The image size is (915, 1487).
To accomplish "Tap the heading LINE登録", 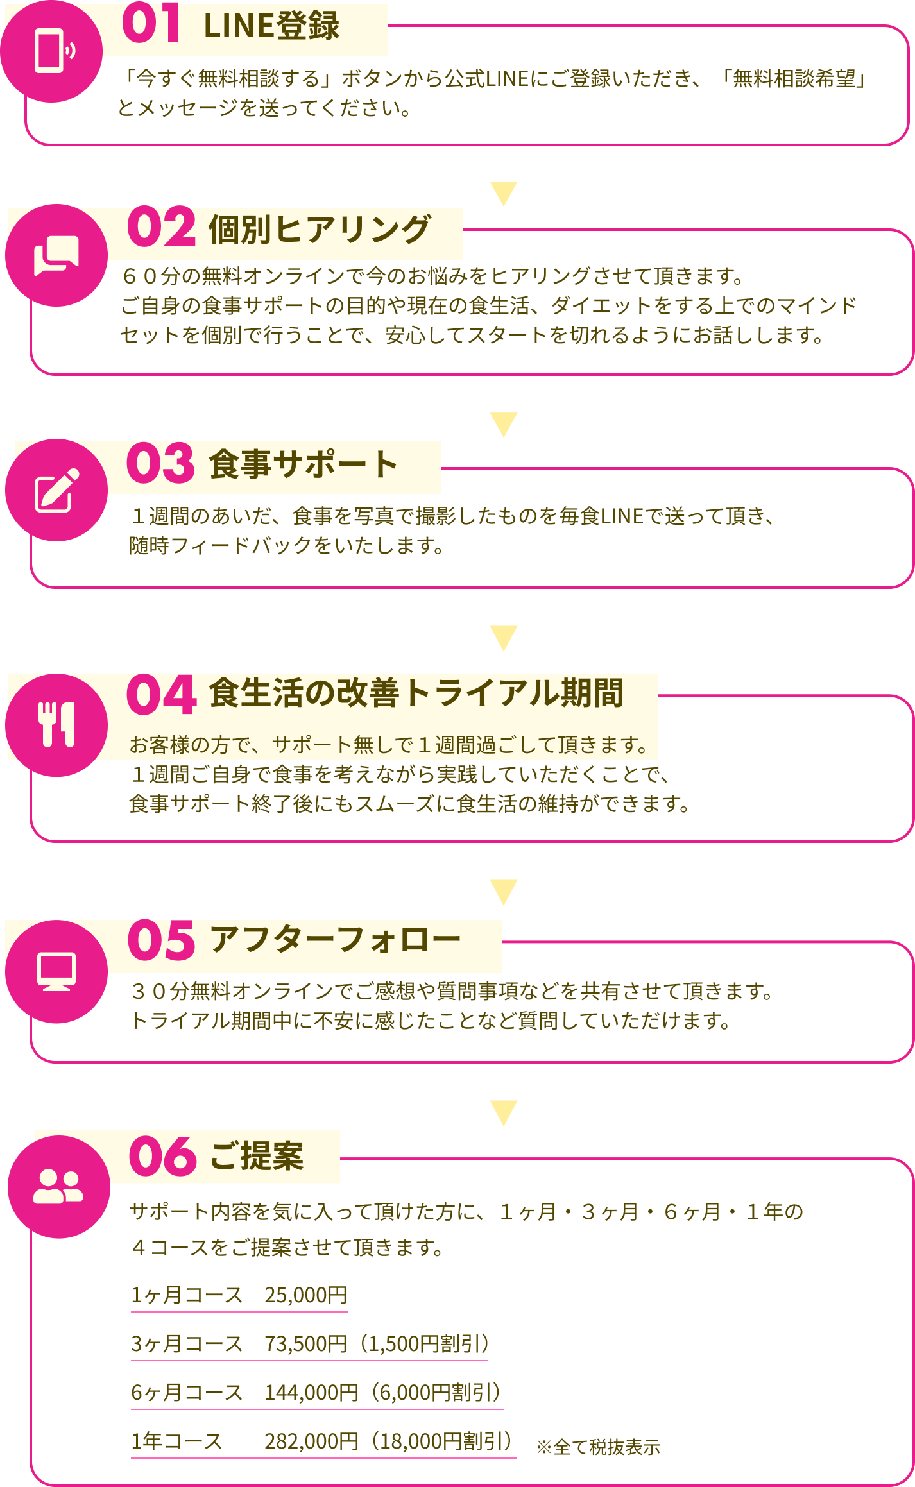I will point(271,27).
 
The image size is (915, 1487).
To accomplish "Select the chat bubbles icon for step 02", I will point(56,255).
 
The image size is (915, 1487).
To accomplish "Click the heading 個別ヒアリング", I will point(320,230).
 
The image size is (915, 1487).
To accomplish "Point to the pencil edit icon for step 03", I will point(56,491).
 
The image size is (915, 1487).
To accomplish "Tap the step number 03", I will point(160,463).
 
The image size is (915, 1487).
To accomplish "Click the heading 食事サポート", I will point(304,464).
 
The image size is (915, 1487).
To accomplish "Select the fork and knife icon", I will point(57,724).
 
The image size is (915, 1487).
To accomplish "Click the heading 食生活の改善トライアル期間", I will point(416,693).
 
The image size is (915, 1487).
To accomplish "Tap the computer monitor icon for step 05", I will point(56,971).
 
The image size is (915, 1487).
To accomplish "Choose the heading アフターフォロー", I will point(335,940).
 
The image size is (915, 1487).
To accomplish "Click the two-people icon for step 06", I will point(58,1186).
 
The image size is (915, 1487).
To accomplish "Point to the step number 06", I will point(162,1156).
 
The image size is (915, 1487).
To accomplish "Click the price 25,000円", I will point(306,1295).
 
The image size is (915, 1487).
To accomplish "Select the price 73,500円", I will point(306,1344).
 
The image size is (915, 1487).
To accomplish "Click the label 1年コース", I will point(176,1441).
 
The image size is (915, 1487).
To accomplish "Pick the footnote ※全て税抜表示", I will point(598,1447).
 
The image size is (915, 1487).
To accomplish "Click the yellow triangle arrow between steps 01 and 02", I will point(504,192).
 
